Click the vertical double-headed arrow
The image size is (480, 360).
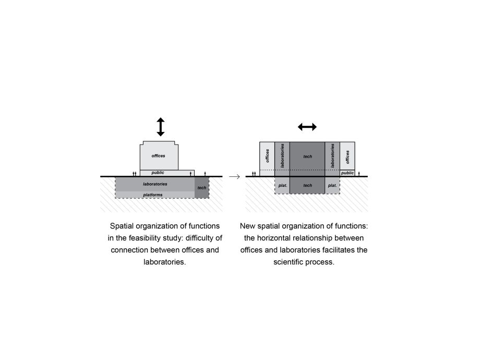pyautogui.click(x=161, y=127)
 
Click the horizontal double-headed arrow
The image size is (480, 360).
pyautogui.click(x=307, y=127)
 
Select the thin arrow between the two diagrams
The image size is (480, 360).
pyautogui.click(x=234, y=177)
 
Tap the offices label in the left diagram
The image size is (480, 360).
pyautogui.click(x=158, y=156)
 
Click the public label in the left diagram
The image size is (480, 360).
pyautogui.click(x=158, y=173)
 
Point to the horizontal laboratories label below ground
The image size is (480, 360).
pyautogui.click(x=155, y=184)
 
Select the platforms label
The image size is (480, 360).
pyautogui.click(x=153, y=195)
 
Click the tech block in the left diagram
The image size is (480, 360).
pyautogui.click(x=202, y=188)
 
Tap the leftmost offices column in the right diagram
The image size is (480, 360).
pyautogui.click(x=267, y=159)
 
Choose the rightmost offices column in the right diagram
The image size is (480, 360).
pyautogui.click(x=347, y=156)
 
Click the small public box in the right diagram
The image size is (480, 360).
pyautogui.click(x=347, y=173)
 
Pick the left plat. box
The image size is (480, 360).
pyautogui.click(x=282, y=185)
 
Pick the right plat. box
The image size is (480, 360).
pyautogui.click(x=332, y=185)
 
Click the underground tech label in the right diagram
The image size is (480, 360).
pyautogui.click(x=308, y=185)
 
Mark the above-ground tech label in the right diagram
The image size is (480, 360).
pyautogui.click(x=308, y=157)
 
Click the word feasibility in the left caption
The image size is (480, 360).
pyautogui.click(x=144, y=238)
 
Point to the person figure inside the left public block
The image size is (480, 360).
pyautogui.click(x=190, y=174)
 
